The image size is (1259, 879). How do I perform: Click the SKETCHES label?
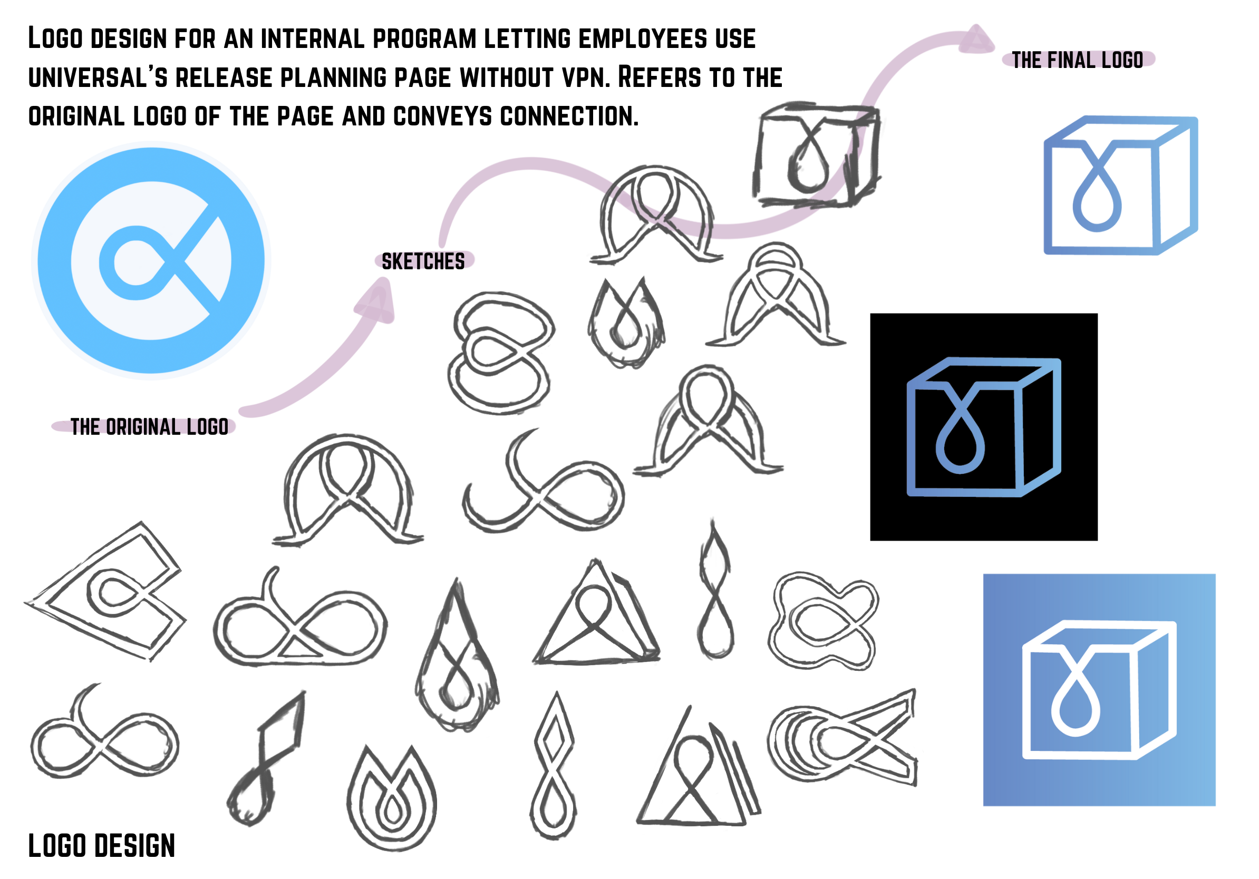tap(423, 261)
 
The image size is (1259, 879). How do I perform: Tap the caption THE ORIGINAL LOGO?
tap(149, 427)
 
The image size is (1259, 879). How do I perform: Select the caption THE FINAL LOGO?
tap(1077, 60)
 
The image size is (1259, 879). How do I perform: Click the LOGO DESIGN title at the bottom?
tap(101, 846)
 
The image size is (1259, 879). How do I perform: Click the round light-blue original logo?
tap(151, 260)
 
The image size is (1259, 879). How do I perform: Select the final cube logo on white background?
tap(1120, 185)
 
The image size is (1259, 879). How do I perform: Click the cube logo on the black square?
tap(984, 427)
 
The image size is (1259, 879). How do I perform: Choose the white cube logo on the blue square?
tap(1099, 690)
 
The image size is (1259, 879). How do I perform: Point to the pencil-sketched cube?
tap(817, 154)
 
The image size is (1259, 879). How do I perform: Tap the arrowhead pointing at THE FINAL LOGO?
tap(976, 40)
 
